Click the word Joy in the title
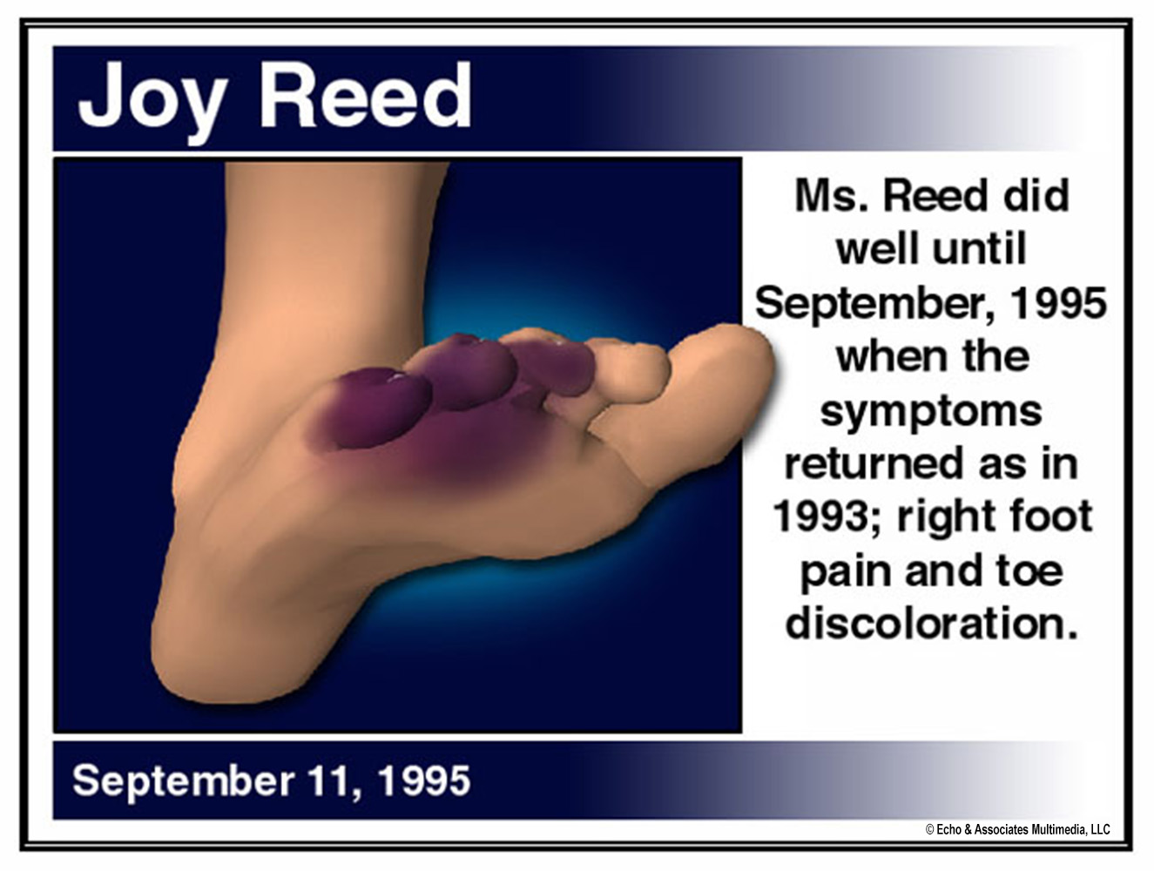tap(150, 100)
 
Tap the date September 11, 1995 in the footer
tap(271, 780)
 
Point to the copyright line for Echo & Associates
tap(1017, 829)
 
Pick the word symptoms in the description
tap(931, 412)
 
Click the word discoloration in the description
tap(931, 624)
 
